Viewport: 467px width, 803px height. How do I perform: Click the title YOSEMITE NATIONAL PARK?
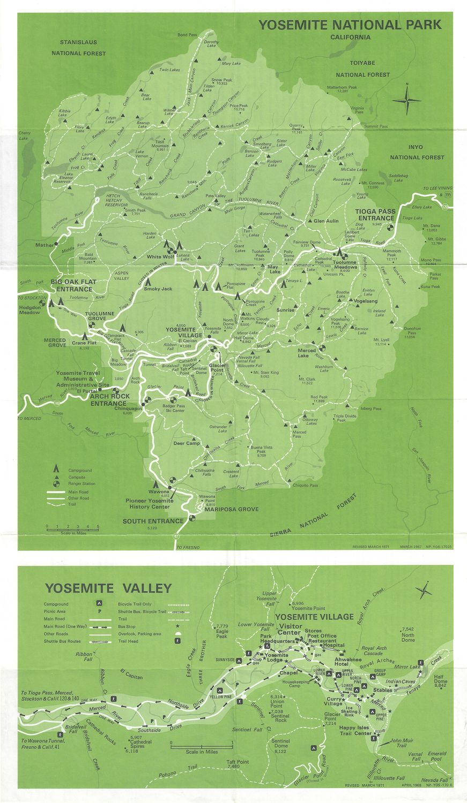pyautogui.click(x=350, y=25)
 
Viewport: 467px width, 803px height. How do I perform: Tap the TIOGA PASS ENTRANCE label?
pyautogui.click(x=375, y=215)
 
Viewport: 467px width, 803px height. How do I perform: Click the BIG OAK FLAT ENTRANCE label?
pyautogui.click(x=72, y=285)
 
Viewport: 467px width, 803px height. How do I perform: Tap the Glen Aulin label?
pyautogui.click(x=325, y=221)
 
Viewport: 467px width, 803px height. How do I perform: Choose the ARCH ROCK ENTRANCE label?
pyautogui.click(x=108, y=400)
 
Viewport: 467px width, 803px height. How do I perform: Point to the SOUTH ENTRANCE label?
pyautogui.click(x=153, y=521)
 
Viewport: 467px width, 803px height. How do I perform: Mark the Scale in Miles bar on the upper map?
pyautogui.click(x=72, y=529)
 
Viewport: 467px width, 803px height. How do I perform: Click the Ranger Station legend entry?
pyautogui.click(x=81, y=483)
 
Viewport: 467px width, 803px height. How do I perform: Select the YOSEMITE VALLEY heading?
pyautogui.click(x=108, y=588)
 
